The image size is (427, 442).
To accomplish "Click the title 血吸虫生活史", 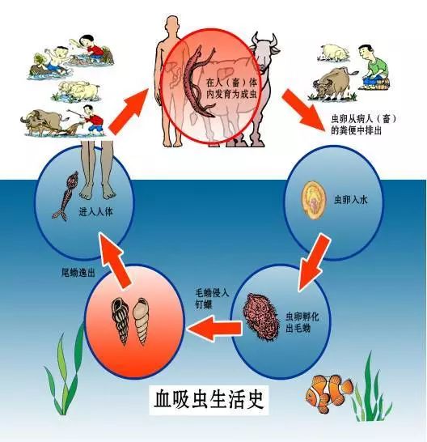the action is (209, 398).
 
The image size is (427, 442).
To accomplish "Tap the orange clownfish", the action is (328, 393).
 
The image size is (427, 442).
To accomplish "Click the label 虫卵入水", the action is (350, 200).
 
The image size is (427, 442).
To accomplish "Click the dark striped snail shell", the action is (120, 321).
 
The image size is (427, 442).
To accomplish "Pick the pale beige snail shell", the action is (141, 321).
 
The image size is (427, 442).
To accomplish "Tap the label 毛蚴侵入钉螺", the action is (212, 299).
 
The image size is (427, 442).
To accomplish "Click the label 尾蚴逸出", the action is (78, 273).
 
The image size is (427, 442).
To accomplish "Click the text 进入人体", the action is (95, 211).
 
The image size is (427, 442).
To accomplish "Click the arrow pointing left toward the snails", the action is (213, 328).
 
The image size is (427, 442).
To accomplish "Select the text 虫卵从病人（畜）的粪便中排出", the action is (363, 125).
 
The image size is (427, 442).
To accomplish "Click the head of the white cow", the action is (264, 53).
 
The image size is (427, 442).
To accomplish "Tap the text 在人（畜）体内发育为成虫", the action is (231, 88).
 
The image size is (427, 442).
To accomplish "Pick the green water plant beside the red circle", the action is (64, 375).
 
